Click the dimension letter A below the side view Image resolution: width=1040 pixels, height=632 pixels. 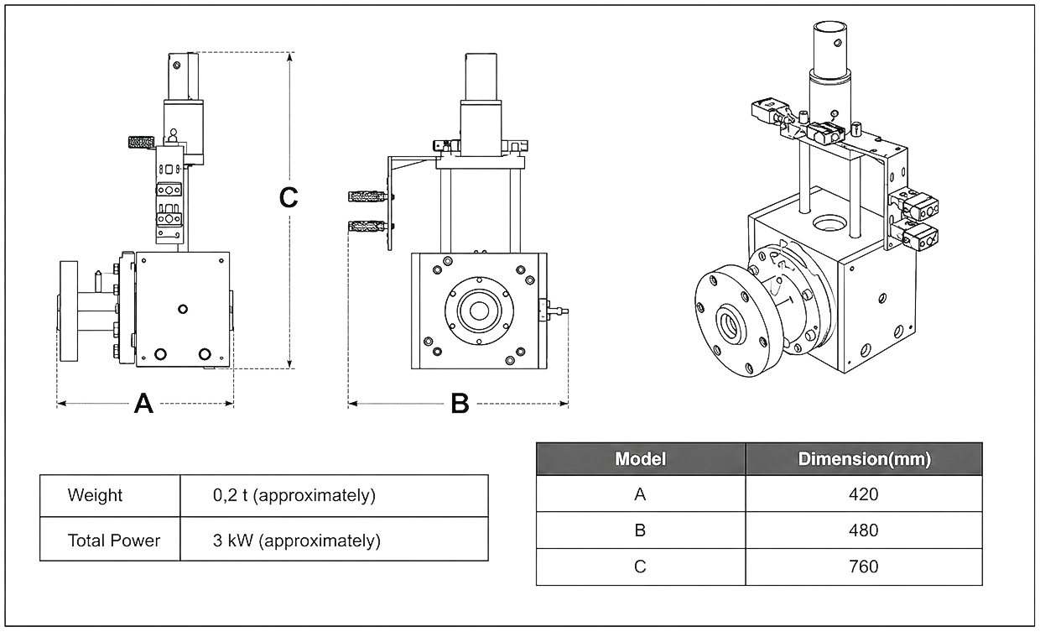(143, 404)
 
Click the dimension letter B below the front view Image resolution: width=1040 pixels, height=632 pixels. (460, 404)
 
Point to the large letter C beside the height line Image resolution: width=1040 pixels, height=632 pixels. (289, 197)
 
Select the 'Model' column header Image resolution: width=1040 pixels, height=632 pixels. (640, 459)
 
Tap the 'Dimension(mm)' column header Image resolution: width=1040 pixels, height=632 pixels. (864, 459)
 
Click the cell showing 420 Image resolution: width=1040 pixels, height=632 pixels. (864, 494)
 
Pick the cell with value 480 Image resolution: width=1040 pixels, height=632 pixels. (864, 530)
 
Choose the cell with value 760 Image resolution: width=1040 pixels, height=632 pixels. (864, 567)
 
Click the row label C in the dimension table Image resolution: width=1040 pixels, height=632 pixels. (640, 567)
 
